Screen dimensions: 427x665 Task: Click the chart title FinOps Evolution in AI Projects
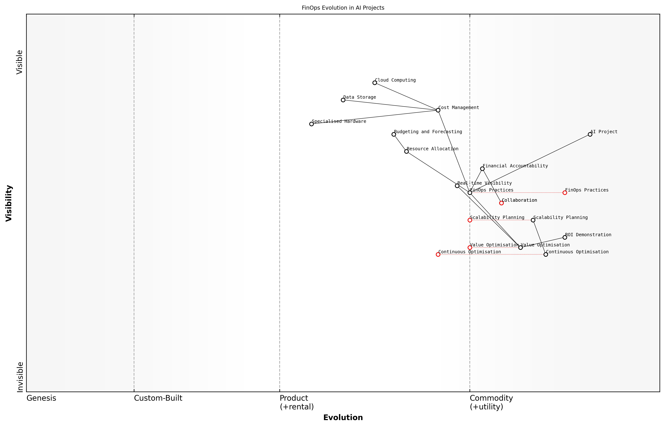coord(343,8)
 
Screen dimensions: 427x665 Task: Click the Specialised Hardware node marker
coord(311,124)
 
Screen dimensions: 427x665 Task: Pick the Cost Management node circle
coord(438,110)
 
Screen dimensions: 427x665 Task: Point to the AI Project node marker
coord(590,134)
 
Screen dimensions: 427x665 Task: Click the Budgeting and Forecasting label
coord(428,132)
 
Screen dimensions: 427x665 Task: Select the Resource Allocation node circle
coord(406,151)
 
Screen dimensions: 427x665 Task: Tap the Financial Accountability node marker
coord(482,169)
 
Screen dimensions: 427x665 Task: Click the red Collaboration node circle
coord(501,203)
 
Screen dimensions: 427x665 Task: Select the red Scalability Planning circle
coord(470,220)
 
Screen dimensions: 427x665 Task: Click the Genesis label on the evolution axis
coord(41,398)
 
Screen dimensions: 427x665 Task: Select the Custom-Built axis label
coord(158,398)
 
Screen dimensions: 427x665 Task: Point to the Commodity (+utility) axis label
coord(491,402)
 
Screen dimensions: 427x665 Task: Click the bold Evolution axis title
coord(343,418)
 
